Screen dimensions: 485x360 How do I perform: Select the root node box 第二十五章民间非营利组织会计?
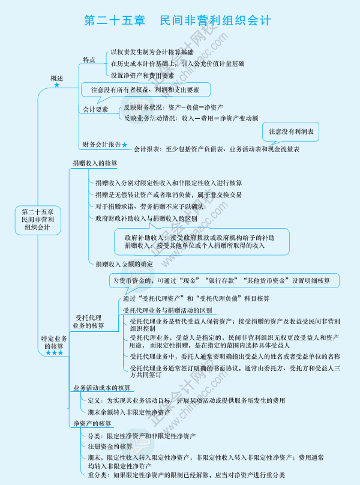click(x=37, y=220)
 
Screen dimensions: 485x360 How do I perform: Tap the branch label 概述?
click(x=57, y=78)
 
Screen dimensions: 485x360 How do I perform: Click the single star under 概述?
click(x=57, y=86)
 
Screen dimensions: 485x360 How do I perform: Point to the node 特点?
click(x=89, y=60)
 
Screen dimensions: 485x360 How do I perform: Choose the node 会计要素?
click(x=95, y=110)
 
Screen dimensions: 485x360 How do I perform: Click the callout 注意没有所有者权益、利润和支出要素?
click(x=146, y=90)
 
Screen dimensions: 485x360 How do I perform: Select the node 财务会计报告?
click(x=101, y=144)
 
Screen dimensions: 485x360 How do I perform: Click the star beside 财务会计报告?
click(x=125, y=145)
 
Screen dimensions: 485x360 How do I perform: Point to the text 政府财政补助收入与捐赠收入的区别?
click(x=146, y=218)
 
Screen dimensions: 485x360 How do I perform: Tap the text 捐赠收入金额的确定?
click(x=124, y=264)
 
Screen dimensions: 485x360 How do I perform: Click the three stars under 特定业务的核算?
click(x=55, y=353)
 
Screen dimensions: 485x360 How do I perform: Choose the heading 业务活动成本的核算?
click(x=101, y=388)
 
